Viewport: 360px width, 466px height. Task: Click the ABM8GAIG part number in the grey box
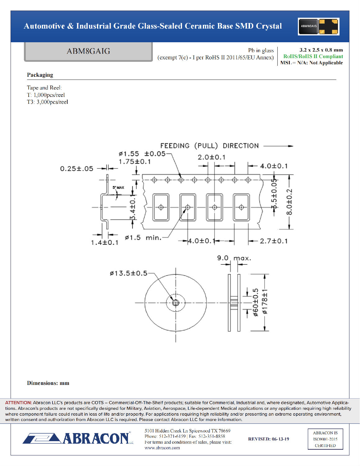(x=88, y=51)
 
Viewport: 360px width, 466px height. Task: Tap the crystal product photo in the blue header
(x=318, y=26)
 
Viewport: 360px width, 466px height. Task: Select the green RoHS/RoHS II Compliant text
(x=313, y=57)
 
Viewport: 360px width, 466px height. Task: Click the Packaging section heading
(x=40, y=75)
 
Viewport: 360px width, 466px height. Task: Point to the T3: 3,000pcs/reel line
(x=48, y=102)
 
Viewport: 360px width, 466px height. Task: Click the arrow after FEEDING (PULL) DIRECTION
(x=278, y=146)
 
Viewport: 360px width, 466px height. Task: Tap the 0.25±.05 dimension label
(x=76, y=169)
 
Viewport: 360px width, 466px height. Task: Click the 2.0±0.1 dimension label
(x=212, y=157)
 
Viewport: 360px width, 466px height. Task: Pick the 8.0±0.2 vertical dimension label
(x=289, y=202)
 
